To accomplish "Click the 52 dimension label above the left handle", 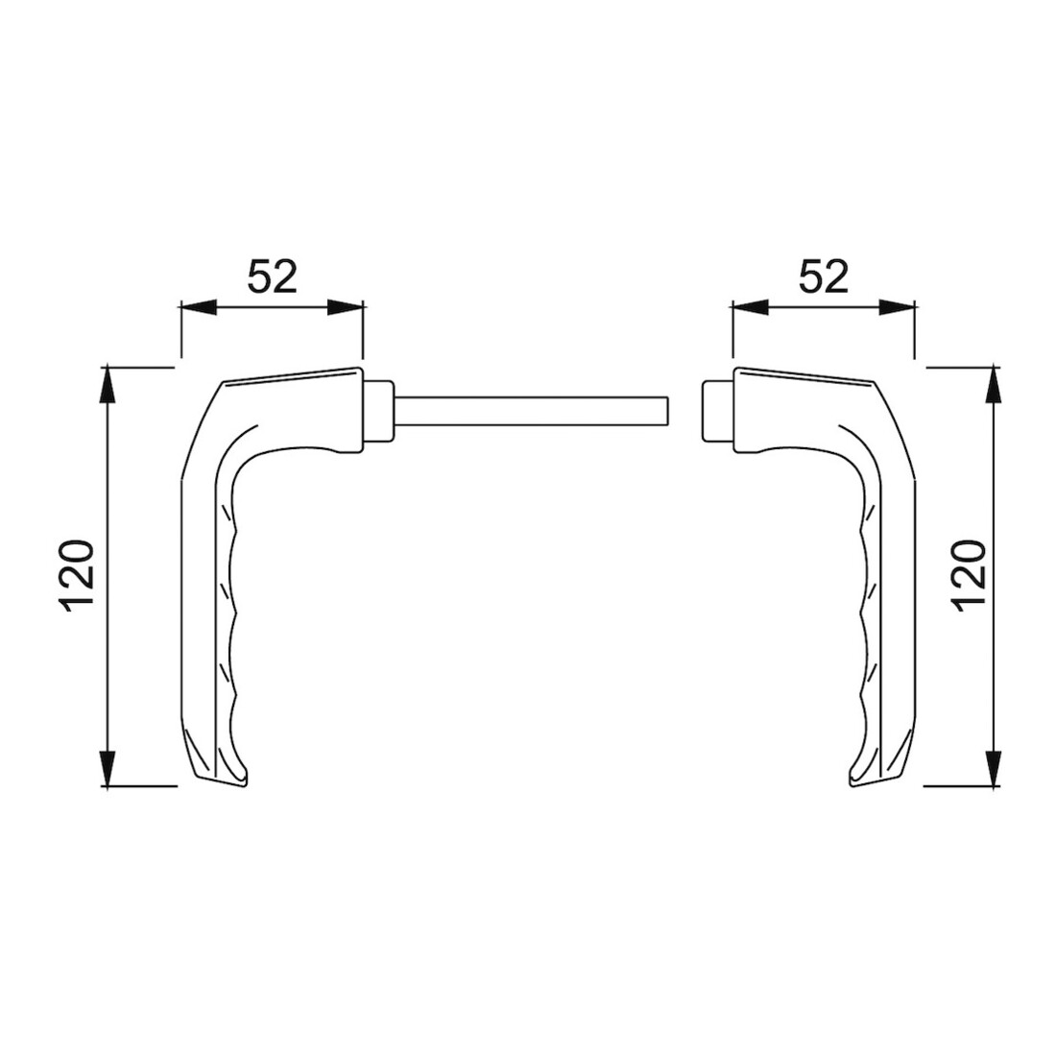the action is click(272, 276).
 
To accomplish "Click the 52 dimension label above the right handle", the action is click(823, 276).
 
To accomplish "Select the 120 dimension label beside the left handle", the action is click(77, 577).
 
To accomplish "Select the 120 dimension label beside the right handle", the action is click(970, 577).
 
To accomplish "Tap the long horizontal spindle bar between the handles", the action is click(531, 411).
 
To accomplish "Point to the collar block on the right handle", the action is click(718, 411).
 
